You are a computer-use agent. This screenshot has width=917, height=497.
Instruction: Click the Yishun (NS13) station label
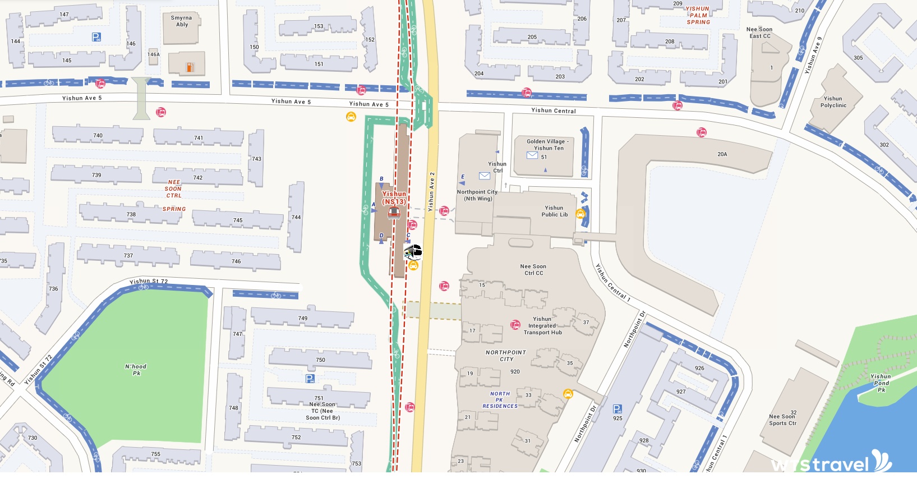tap(394, 198)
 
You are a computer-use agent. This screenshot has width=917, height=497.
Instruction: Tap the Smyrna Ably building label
tap(181, 21)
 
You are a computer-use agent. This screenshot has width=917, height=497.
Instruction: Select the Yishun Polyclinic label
tap(833, 102)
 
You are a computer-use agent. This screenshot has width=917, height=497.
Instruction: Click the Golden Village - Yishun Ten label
tap(548, 145)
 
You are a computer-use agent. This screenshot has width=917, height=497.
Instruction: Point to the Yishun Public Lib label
tap(554, 211)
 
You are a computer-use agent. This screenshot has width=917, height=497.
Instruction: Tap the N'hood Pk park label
tap(136, 370)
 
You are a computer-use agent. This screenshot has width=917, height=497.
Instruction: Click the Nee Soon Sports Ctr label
tap(782, 420)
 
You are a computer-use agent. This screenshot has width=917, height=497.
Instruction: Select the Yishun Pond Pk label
tap(881, 383)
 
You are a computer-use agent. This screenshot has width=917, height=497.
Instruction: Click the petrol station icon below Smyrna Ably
tap(190, 67)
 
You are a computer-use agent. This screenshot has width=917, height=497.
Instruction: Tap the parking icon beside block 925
tap(618, 409)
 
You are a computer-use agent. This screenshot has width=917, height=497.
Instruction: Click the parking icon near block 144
tap(96, 37)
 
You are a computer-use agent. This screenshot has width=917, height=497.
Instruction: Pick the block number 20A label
tap(722, 154)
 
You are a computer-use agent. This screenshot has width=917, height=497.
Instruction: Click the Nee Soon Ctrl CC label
tap(533, 270)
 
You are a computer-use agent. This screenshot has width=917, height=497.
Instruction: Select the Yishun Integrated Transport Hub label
tap(542, 326)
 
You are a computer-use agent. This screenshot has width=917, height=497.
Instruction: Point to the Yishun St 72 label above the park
tap(149, 281)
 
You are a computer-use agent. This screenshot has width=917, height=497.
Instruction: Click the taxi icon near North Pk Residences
tap(568, 394)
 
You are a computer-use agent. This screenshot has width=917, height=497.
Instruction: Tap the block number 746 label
tap(236, 261)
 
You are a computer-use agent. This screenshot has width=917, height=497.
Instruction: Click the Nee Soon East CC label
tap(759, 33)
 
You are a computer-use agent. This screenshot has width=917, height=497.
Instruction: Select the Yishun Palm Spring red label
tap(698, 16)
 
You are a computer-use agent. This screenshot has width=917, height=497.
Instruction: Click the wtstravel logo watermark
tap(830, 463)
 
